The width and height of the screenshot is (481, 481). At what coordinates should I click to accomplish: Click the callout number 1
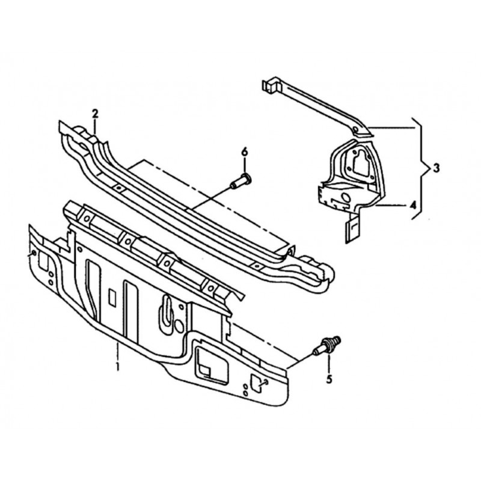117,366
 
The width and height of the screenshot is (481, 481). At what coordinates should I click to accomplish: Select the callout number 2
95,114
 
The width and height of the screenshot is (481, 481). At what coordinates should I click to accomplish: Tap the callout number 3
437,168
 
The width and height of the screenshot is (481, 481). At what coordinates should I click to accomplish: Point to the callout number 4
413,204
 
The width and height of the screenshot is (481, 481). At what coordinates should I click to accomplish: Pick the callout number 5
329,379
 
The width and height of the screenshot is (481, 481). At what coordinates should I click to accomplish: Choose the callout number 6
244,152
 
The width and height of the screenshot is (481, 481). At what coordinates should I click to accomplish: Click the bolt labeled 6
241,181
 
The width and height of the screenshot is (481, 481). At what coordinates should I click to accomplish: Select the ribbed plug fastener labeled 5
326,346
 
